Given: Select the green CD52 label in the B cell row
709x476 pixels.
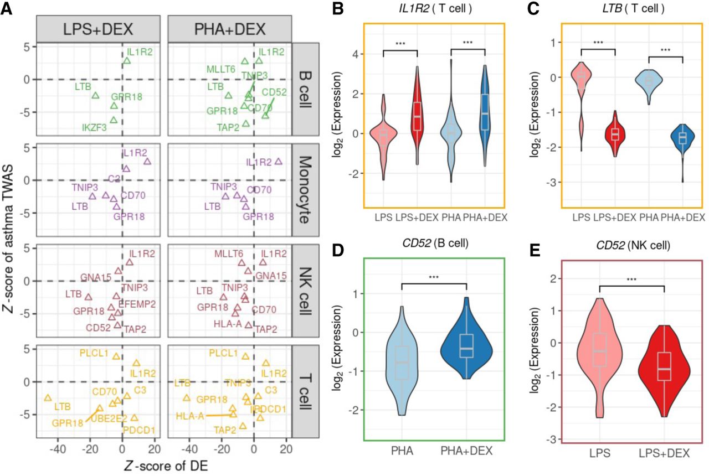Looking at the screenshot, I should (x=273, y=92).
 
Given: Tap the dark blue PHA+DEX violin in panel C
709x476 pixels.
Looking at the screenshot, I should (x=682, y=138).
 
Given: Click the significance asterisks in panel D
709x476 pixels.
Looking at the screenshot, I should (x=434, y=278).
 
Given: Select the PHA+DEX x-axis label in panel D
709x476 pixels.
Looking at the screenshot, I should (x=466, y=453).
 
